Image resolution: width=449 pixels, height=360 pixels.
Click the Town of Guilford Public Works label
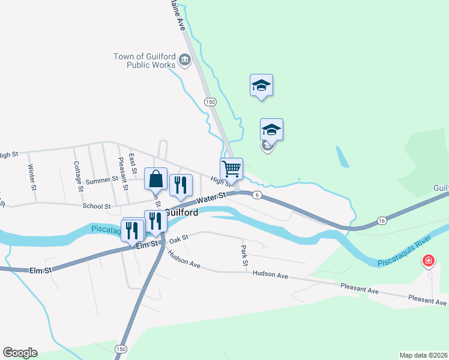[x=144, y=61]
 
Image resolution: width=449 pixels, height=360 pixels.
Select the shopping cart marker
[x=231, y=169]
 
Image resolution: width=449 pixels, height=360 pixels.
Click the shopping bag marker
[x=155, y=179]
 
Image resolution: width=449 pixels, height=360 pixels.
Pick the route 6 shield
[x=256, y=195]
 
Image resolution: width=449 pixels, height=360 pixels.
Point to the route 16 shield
[x=382, y=221]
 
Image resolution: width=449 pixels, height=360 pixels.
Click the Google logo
[x=20, y=353]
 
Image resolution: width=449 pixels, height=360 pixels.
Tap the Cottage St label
[x=77, y=176]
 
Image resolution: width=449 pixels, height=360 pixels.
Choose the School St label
[x=97, y=206]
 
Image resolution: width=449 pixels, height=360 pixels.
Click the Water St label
[x=210, y=198]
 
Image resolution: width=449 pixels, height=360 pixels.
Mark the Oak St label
[x=179, y=238]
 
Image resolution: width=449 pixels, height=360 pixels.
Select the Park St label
[x=244, y=255]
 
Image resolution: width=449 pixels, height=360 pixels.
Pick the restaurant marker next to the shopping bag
[x=181, y=185]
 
